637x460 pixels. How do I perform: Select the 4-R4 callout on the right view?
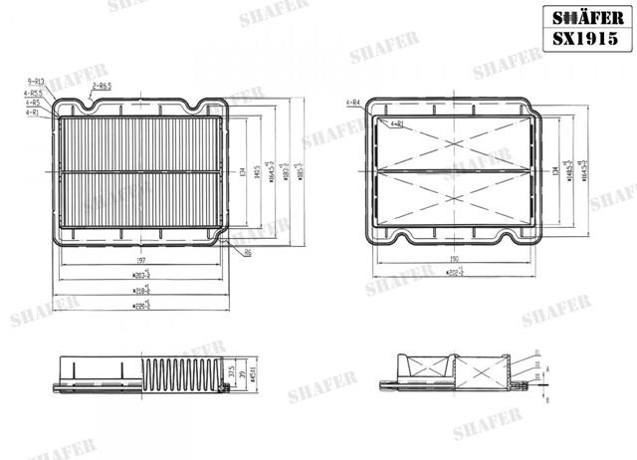[x=352, y=102]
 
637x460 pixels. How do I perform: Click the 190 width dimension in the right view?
[x=454, y=257]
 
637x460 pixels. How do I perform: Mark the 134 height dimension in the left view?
[x=243, y=171]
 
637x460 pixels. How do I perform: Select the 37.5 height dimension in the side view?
[x=232, y=374]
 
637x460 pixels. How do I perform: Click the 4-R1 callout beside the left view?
[x=33, y=112]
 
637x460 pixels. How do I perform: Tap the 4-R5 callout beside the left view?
[x=33, y=102]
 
